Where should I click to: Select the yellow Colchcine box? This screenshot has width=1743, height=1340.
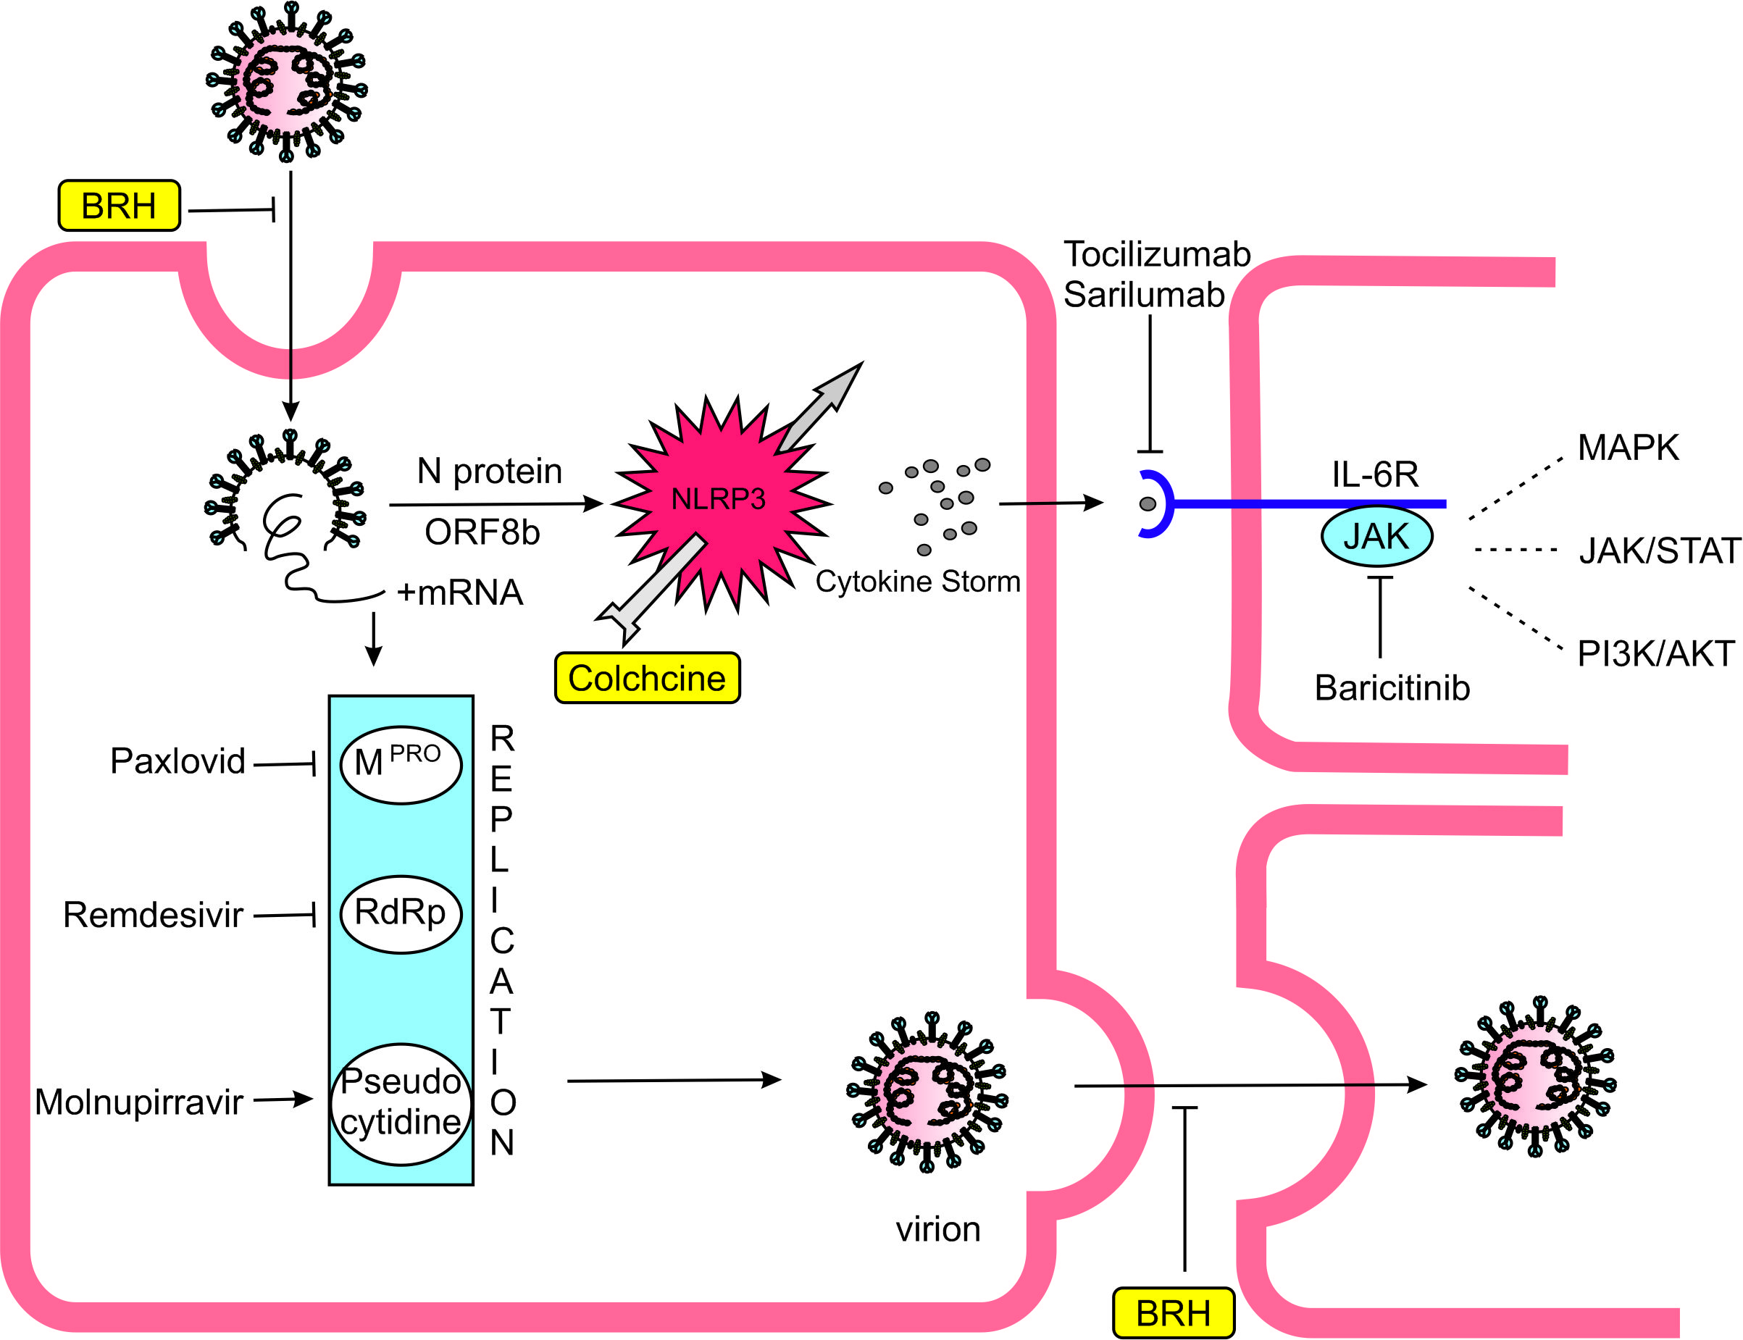coord(647,679)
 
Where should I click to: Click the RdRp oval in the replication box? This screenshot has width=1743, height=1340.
coord(401,913)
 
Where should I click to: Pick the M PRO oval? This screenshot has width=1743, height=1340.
coord(401,764)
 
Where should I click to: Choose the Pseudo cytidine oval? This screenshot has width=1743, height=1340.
coord(401,1103)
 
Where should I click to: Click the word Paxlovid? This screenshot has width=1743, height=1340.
coord(177,762)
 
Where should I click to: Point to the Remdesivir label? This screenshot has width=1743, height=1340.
coord(152,915)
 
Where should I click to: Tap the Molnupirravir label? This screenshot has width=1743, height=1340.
coord(139,1102)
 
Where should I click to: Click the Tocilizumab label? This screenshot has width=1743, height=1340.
coord(1157,254)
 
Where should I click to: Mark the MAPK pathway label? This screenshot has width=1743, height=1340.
coord(1628,448)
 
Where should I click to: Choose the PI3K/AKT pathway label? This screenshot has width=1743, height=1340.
coord(1656,654)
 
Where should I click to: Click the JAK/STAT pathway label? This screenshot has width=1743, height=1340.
coord(1660,551)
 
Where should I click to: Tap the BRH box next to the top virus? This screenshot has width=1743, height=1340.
coord(119,206)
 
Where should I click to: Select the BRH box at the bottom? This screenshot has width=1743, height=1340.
coord(1174,1313)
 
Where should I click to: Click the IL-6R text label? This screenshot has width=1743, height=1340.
coord(1375,474)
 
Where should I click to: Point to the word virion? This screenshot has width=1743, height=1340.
coord(938,1229)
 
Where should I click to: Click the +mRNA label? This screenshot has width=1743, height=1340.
coord(459,592)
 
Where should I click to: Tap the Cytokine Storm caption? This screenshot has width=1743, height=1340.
coord(917,582)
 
